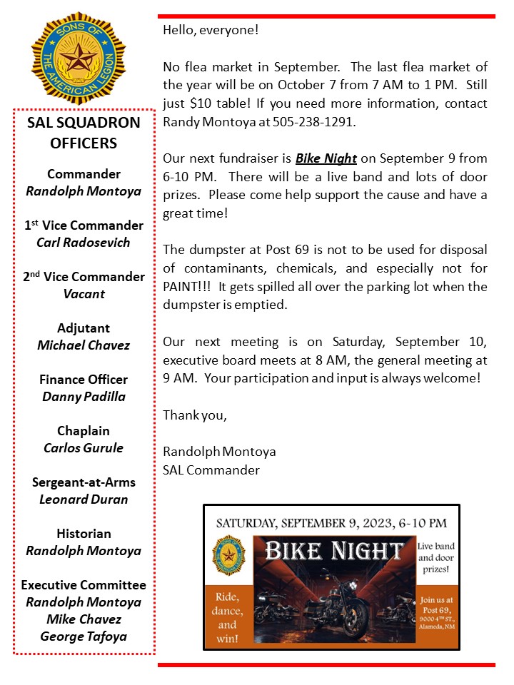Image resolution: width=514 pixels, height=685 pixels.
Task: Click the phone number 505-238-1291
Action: [x=317, y=121]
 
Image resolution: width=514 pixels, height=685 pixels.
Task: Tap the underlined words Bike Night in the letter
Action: [x=326, y=158]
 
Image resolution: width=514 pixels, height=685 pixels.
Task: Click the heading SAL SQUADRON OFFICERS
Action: [x=84, y=132]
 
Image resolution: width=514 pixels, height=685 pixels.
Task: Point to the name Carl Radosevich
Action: [x=84, y=243]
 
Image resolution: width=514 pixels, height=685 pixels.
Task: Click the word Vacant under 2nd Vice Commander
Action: [x=84, y=294]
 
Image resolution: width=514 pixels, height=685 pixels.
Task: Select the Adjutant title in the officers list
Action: [x=84, y=328]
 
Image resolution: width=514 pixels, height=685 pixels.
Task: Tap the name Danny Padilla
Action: [x=84, y=397]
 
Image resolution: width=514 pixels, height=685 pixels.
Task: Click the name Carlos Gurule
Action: [x=84, y=448]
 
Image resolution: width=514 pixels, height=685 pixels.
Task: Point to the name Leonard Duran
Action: [x=84, y=499]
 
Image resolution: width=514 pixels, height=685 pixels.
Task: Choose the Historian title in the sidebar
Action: [x=84, y=534]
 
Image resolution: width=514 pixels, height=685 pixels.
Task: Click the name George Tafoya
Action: [x=84, y=636]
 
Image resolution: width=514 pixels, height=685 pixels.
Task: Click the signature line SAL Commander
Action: [x=211, y=470]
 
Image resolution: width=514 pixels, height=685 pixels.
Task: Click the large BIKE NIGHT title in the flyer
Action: [x=334, y=551]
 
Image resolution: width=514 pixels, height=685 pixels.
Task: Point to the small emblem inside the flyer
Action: [x=229, y=555]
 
